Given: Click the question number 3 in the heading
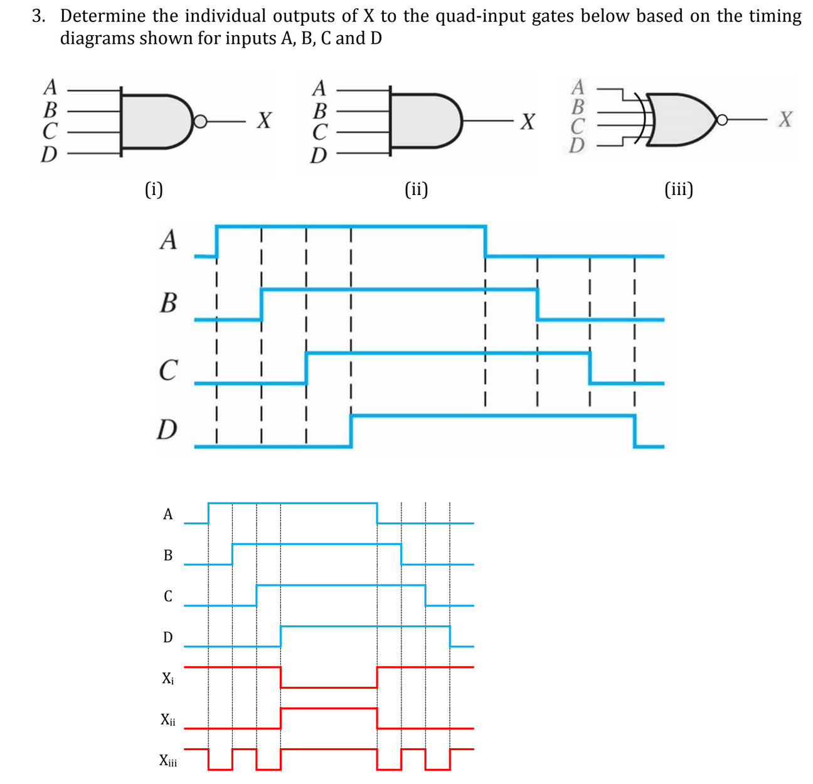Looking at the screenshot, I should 38,16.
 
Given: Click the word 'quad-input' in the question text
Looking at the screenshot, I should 480,16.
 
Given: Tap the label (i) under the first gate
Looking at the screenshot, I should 153,188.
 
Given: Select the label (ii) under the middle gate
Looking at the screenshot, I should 417,188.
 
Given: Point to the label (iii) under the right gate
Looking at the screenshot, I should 679,188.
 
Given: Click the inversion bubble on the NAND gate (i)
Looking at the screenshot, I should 199,121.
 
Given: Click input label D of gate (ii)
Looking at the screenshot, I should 319,155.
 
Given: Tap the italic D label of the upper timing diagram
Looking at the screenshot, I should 166,430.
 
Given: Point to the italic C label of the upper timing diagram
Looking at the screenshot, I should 167,369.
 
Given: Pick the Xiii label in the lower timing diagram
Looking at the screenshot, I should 168,761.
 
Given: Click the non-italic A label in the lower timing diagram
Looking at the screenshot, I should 167,514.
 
